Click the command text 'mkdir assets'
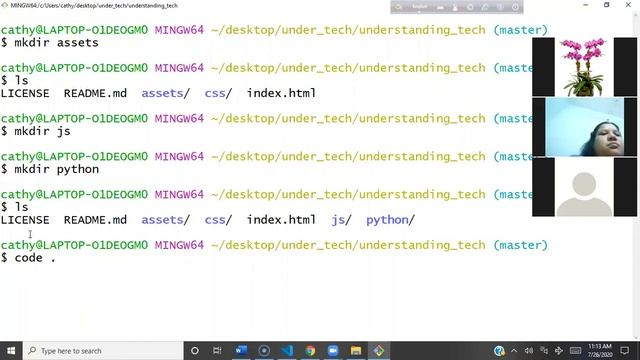point(56,43)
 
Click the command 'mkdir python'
point(56,169)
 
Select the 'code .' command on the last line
point(35,258)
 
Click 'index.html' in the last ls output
point(281,219)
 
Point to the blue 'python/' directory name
point(390,219)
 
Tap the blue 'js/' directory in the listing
point(341,219)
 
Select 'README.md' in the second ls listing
point(95,219)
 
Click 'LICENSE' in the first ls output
point(25,93)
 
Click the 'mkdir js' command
point(42,131)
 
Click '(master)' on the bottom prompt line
point(520,245)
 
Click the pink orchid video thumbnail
point(583,66)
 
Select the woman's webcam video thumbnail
point(583,127)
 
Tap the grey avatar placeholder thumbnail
point(583,188)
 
